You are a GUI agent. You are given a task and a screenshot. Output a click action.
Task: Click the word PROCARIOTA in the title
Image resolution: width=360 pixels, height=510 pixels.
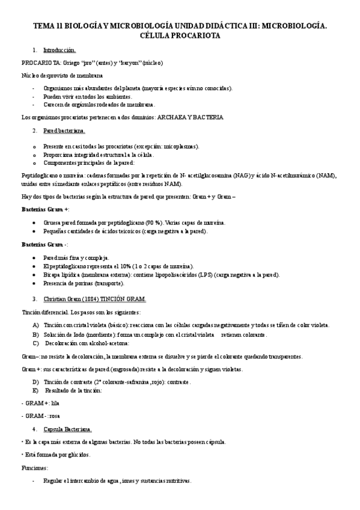tap(201, 36)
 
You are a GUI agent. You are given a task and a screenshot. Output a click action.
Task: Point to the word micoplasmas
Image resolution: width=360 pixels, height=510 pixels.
tap(181, 146)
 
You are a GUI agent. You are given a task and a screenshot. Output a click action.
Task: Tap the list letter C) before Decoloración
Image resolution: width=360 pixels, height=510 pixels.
tap(36, 342)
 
